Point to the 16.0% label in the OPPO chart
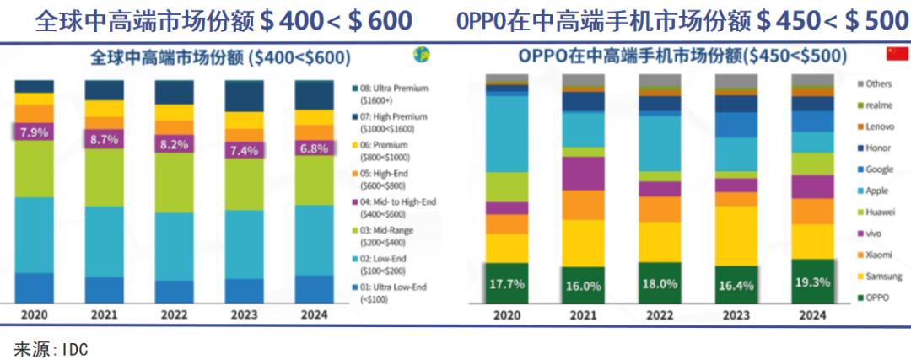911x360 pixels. [x=583, y=286]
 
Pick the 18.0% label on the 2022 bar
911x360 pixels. [x=660, y=284]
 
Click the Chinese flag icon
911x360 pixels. [x=896, y=55]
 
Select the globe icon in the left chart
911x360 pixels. [x=420, y=55]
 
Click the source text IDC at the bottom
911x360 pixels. [x=51, y=348]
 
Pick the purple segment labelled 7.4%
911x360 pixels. [x=244, y=150]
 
